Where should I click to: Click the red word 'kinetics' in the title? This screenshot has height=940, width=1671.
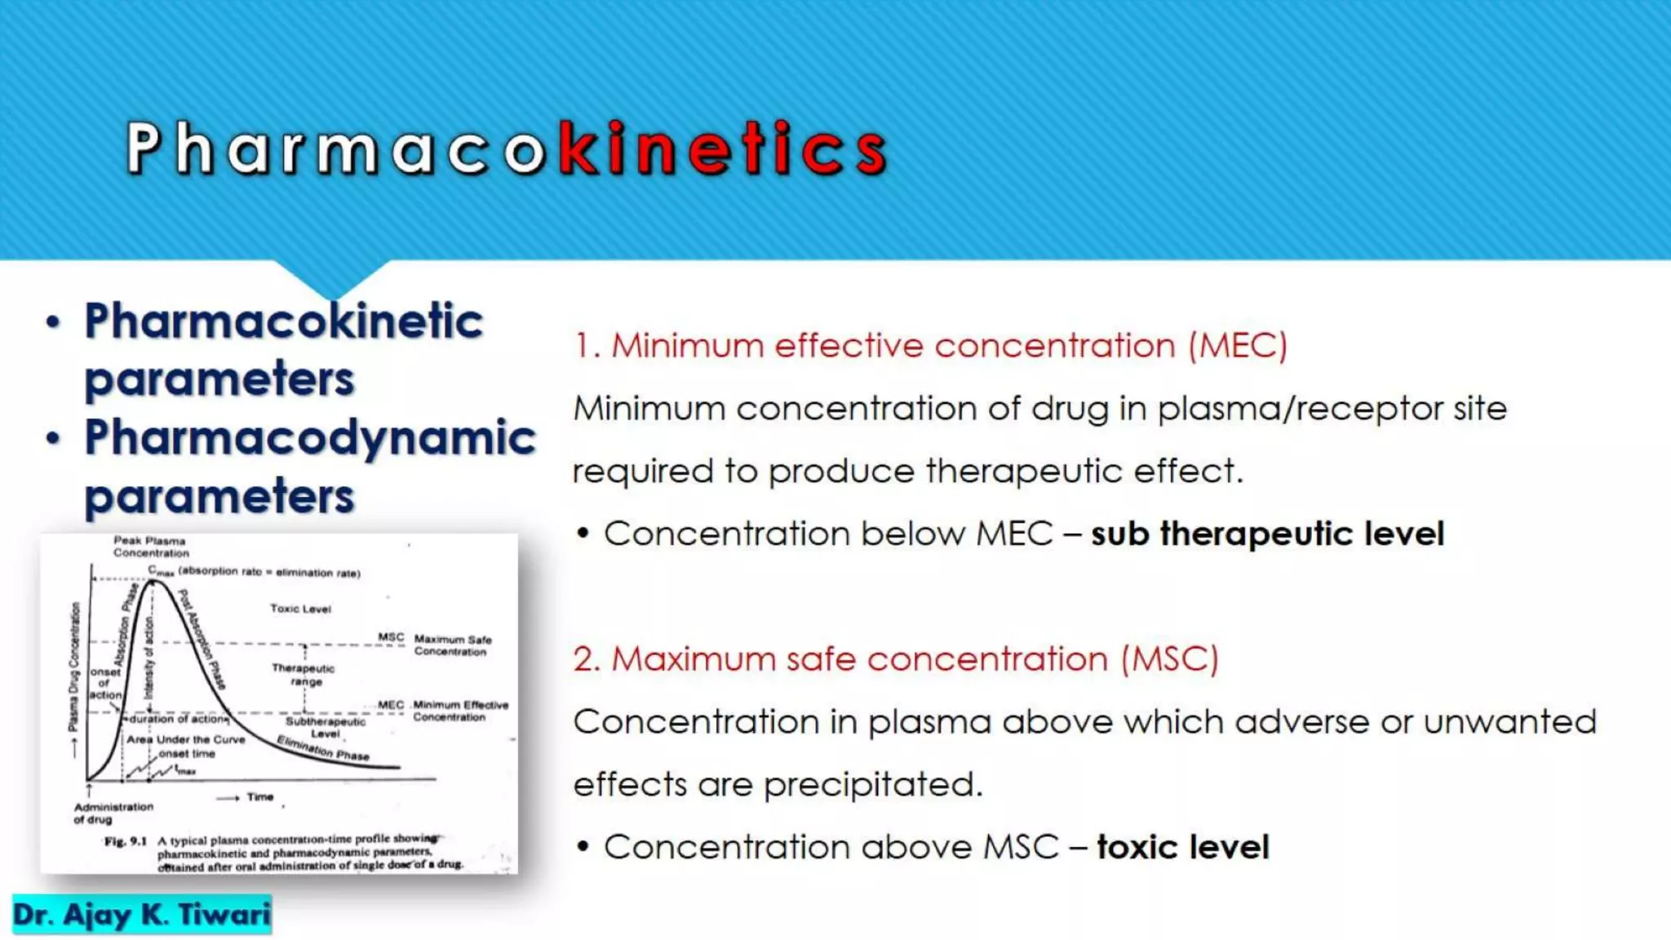[x=723, y=149]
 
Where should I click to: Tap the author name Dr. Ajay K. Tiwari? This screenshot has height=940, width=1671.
[x=141, y=915]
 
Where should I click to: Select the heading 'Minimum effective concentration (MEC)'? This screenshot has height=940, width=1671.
[x=930, y=346]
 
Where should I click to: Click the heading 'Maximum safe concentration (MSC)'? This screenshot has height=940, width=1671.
[x=895, y=659]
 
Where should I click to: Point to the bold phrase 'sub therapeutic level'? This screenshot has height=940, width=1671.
[x=1267, y=534]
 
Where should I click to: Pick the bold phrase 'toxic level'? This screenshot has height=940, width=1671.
[x=1183, y=848]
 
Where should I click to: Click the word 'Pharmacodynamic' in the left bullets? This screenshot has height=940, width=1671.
[x=310, y=438]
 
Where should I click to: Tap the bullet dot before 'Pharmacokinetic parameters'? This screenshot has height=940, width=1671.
[x=54, y=323]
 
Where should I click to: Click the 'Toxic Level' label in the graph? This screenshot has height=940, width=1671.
[x=300, y=609]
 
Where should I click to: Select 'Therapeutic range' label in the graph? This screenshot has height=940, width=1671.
[x=303, y=675]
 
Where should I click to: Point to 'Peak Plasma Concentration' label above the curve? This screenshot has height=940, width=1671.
[x=151, y=547]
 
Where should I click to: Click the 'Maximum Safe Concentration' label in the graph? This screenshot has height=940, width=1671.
[x=452, y=645]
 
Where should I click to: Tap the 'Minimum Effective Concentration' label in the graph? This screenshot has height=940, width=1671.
[x=460, y=711]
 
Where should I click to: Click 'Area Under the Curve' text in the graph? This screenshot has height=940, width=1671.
[x=185, y=739]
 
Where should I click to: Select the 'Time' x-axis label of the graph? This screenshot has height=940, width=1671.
[x=259, y=797]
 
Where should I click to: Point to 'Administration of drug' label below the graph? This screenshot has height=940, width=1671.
[x=113, y=813]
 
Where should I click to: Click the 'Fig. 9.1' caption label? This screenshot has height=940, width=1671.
[x=125, y=841]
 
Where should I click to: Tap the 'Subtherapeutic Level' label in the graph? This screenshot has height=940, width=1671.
[x=325, y=727]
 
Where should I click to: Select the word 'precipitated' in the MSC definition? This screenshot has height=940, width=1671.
[x=872, y=785]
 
